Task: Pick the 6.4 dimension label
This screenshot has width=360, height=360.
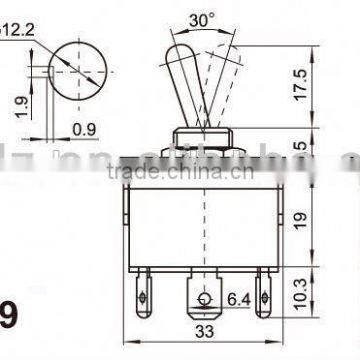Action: click(238, 298)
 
